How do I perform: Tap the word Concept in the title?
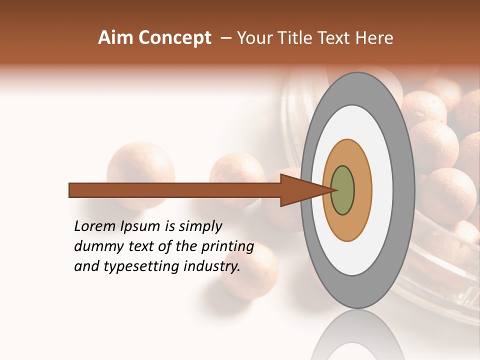click(x=174, y=38)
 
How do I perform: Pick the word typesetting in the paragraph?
click(x=132, y=267)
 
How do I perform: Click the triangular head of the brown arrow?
click(x=300, y=190)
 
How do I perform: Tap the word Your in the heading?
click(x=255, y=38)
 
